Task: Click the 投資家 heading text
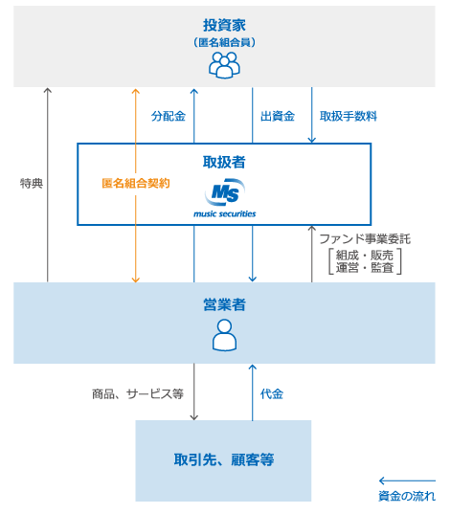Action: coord(224,24)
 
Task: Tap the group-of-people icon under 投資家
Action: coord(224,65)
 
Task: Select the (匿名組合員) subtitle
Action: coord(224,42)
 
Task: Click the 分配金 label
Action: coord(168,116)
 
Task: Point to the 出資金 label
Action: coord(278,116)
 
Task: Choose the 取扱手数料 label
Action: coord(349,116)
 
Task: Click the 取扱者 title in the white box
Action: coord(224,162)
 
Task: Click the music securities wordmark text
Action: coord(224,212)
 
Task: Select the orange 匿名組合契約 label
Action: coord(136,183)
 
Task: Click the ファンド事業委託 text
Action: coord(365,238)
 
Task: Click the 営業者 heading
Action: coord(224,303)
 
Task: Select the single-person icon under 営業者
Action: coord(224,335)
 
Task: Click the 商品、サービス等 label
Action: coord(138,393)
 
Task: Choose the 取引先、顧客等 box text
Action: coord(224,459)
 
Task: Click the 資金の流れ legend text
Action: coord(407,496)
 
